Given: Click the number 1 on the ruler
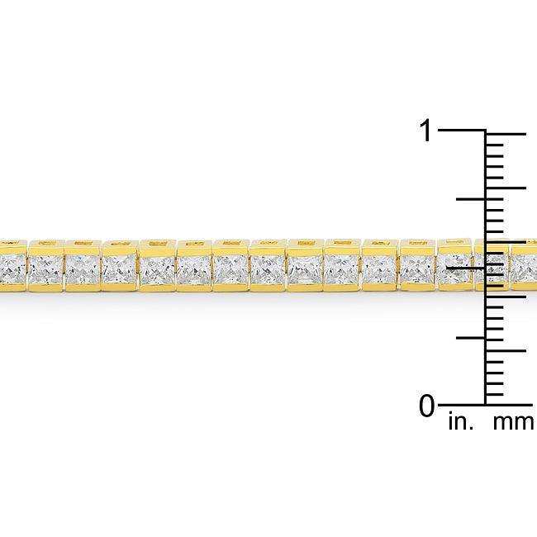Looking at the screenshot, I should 426,131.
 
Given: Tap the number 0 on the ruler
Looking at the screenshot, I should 426,406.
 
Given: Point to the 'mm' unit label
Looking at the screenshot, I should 512,424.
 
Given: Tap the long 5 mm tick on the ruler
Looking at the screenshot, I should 506,350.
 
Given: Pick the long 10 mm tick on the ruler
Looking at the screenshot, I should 506,296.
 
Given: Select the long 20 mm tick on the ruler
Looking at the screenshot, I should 506,188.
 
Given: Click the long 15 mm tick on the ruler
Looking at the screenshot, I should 506,241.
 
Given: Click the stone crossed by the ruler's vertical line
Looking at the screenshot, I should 491,267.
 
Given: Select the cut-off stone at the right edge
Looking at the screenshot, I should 525,267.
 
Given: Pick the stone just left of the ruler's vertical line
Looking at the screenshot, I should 454,267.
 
